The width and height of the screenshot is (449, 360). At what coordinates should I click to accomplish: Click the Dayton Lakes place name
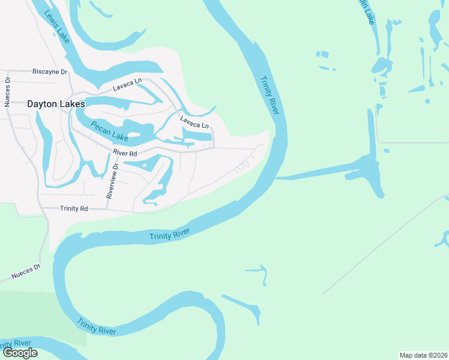[56, 103]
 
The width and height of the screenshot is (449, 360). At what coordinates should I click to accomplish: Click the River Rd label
[125, 154]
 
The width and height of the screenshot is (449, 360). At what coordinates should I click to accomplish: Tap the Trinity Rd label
[74, 208]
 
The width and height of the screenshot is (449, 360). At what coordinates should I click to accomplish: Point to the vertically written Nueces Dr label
[8, 91]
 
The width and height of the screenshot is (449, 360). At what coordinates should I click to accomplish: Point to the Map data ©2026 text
[424, 355]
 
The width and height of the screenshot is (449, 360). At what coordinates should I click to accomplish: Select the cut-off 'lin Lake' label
[367, 12]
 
